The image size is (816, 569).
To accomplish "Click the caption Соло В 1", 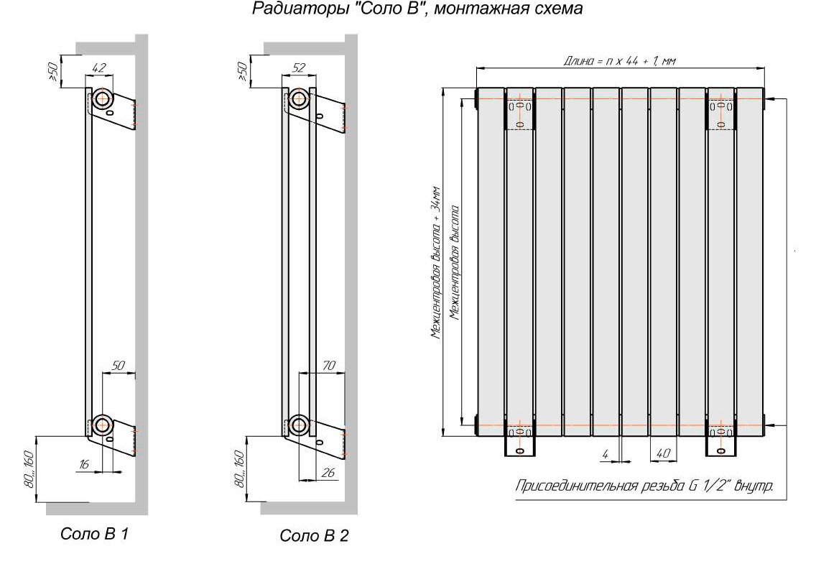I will point(95,534).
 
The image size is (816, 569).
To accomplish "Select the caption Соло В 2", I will point(314,537).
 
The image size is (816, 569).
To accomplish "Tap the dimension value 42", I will point(100,68).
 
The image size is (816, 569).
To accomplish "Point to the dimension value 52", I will point(298,68).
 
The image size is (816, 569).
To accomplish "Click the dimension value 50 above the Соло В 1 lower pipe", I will point(119,366).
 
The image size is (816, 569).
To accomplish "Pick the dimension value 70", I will point(329,366).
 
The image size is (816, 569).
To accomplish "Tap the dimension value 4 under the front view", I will point(605,454).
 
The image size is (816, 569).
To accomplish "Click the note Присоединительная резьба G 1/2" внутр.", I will point(644,486).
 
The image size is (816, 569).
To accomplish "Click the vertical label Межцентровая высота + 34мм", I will point(436,262).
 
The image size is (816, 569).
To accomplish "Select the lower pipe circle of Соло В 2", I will point(298,424).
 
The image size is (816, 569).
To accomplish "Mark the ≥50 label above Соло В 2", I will point(241,72).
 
